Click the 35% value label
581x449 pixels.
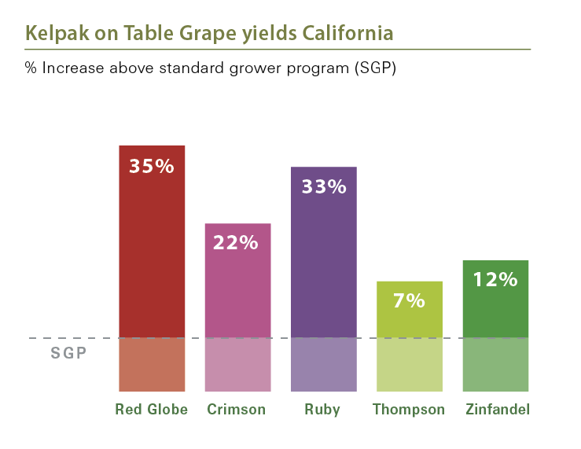click(152, 167)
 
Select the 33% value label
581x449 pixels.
click(323, 187)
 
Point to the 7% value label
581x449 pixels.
click(410, 300)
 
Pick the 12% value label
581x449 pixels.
click(495, 279)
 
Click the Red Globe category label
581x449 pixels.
click(152, 410)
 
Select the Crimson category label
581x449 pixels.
click(236, 410)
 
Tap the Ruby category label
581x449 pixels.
click(323, 410)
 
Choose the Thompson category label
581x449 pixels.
click(409, 410)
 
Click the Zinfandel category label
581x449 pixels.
click(497, 410)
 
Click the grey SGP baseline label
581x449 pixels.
click(69, 353)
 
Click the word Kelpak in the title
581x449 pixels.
click(51, 34)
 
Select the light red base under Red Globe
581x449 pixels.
click(152, 365)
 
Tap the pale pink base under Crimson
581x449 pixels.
click(237, 365)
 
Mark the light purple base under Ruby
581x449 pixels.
click(323, 365)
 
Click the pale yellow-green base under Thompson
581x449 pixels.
click(410, 365)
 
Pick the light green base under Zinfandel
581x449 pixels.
click(495, 365)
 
